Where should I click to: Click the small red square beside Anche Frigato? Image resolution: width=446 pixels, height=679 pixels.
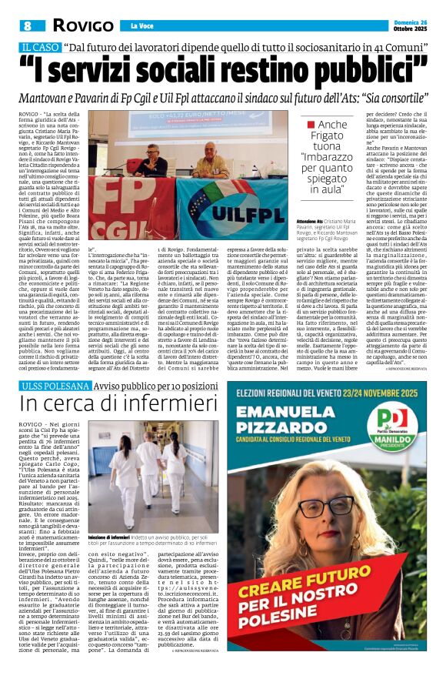coord(310,125)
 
